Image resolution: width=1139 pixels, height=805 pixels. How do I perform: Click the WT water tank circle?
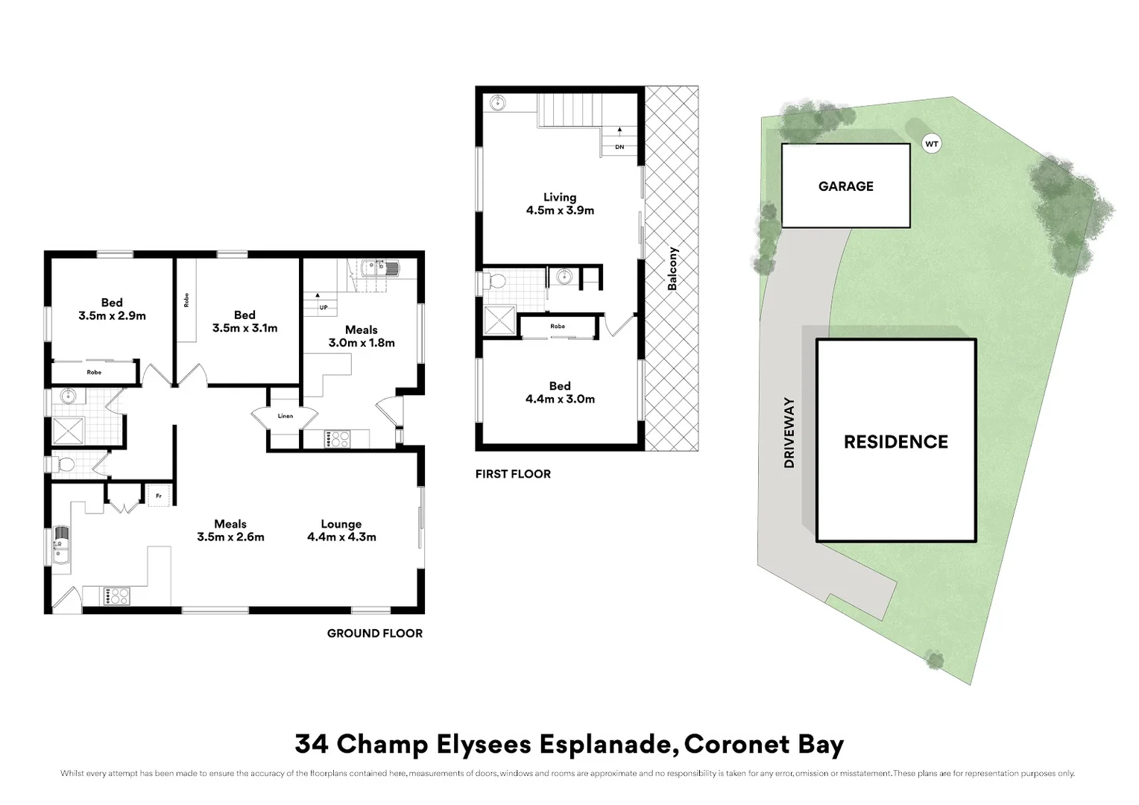[931, 144]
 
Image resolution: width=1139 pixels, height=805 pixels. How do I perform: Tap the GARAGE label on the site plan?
[845, 186]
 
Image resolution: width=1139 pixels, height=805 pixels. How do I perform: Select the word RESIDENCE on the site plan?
[895, 442]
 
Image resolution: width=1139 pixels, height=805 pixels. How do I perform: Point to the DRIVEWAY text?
[789, 433]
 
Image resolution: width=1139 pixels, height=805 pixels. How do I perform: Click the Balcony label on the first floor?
[672, 268]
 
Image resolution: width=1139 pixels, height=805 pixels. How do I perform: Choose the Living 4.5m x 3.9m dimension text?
[560, 203]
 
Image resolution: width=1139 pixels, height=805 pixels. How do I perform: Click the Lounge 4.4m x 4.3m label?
[341, 530]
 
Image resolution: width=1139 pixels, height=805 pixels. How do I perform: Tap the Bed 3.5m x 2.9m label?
[112, 309]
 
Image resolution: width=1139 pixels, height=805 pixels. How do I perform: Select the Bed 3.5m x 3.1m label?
[244, 321]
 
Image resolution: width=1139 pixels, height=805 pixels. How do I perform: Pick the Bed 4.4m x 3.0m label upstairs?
[560, 392]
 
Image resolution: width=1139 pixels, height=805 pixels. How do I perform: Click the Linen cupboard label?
[285, 416]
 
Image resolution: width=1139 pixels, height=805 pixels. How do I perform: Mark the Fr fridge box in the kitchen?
[159, 496]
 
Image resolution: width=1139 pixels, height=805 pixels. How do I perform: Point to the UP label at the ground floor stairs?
[324, 307]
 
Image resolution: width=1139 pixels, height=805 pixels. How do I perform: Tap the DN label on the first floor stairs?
[619, 147]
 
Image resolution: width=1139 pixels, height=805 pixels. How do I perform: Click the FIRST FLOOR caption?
[513, 474]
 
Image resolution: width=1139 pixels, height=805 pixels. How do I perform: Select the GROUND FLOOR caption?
[374, 634]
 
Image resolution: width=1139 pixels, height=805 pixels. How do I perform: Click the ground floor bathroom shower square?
[68, 431]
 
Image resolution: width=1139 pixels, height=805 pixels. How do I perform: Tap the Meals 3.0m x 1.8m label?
[362, 336]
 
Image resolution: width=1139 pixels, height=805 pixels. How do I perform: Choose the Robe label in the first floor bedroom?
[557, 326]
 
